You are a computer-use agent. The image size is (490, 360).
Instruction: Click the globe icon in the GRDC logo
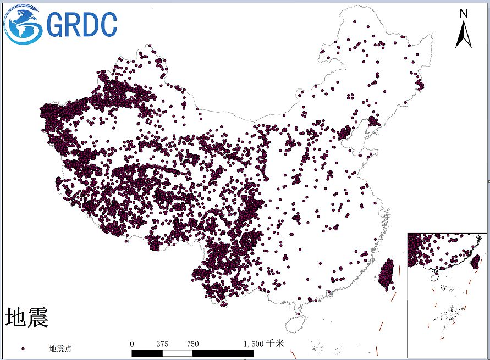click(24, 25)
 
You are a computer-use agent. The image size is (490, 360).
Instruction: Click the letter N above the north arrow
click(464, 13)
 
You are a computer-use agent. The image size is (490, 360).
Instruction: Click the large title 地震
click(27, 317)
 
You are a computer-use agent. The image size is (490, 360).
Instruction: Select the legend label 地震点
click(60, 348)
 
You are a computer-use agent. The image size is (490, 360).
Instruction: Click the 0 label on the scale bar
click(132, 344)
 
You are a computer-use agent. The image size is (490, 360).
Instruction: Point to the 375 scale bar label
click(162, 344)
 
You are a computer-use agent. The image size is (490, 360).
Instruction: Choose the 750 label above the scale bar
click(192, 344)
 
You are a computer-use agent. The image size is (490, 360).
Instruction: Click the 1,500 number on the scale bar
click(254, 344)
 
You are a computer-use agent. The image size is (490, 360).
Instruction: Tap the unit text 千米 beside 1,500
click(276, 344)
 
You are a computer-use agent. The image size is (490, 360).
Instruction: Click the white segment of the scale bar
click(178, 353)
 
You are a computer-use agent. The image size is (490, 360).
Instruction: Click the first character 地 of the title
click(16, 317)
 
